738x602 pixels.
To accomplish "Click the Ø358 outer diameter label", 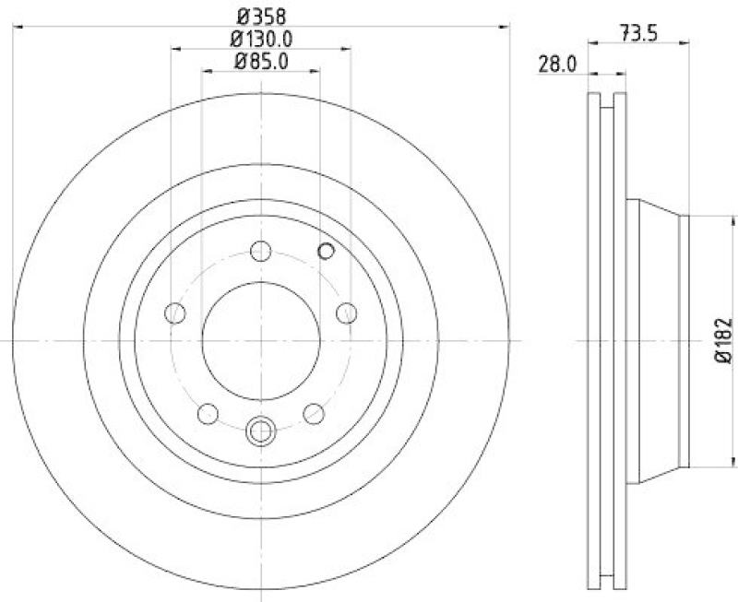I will pyautogui.click(x=261, y=15).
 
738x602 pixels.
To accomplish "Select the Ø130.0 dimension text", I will pyautogui.click(x=261, y=39).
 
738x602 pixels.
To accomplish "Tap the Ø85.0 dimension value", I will pyautogui.click(x=261, y=62).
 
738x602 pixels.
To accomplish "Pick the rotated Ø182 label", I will pyautogui.click(x=722, y=340).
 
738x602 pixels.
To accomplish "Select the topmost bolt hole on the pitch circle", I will pyautogui.click(x=261, y=251).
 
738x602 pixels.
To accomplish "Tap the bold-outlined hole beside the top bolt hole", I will pyautogui.click(x=326, y=250).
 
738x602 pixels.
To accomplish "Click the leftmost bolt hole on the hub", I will pyautogui.click(x=174, y=313).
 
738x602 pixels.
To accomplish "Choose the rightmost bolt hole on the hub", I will pyautogui.click(x=347, y=313).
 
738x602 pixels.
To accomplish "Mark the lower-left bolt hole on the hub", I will pyautogui.click(x=208, y=414).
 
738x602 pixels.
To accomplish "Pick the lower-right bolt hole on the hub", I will pyautogui.click(x=314, y=414).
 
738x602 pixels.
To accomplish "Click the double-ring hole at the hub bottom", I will pyautogui.click(x=261, y=429).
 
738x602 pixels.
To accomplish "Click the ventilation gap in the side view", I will pyautogui.click(x=606, y=340).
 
